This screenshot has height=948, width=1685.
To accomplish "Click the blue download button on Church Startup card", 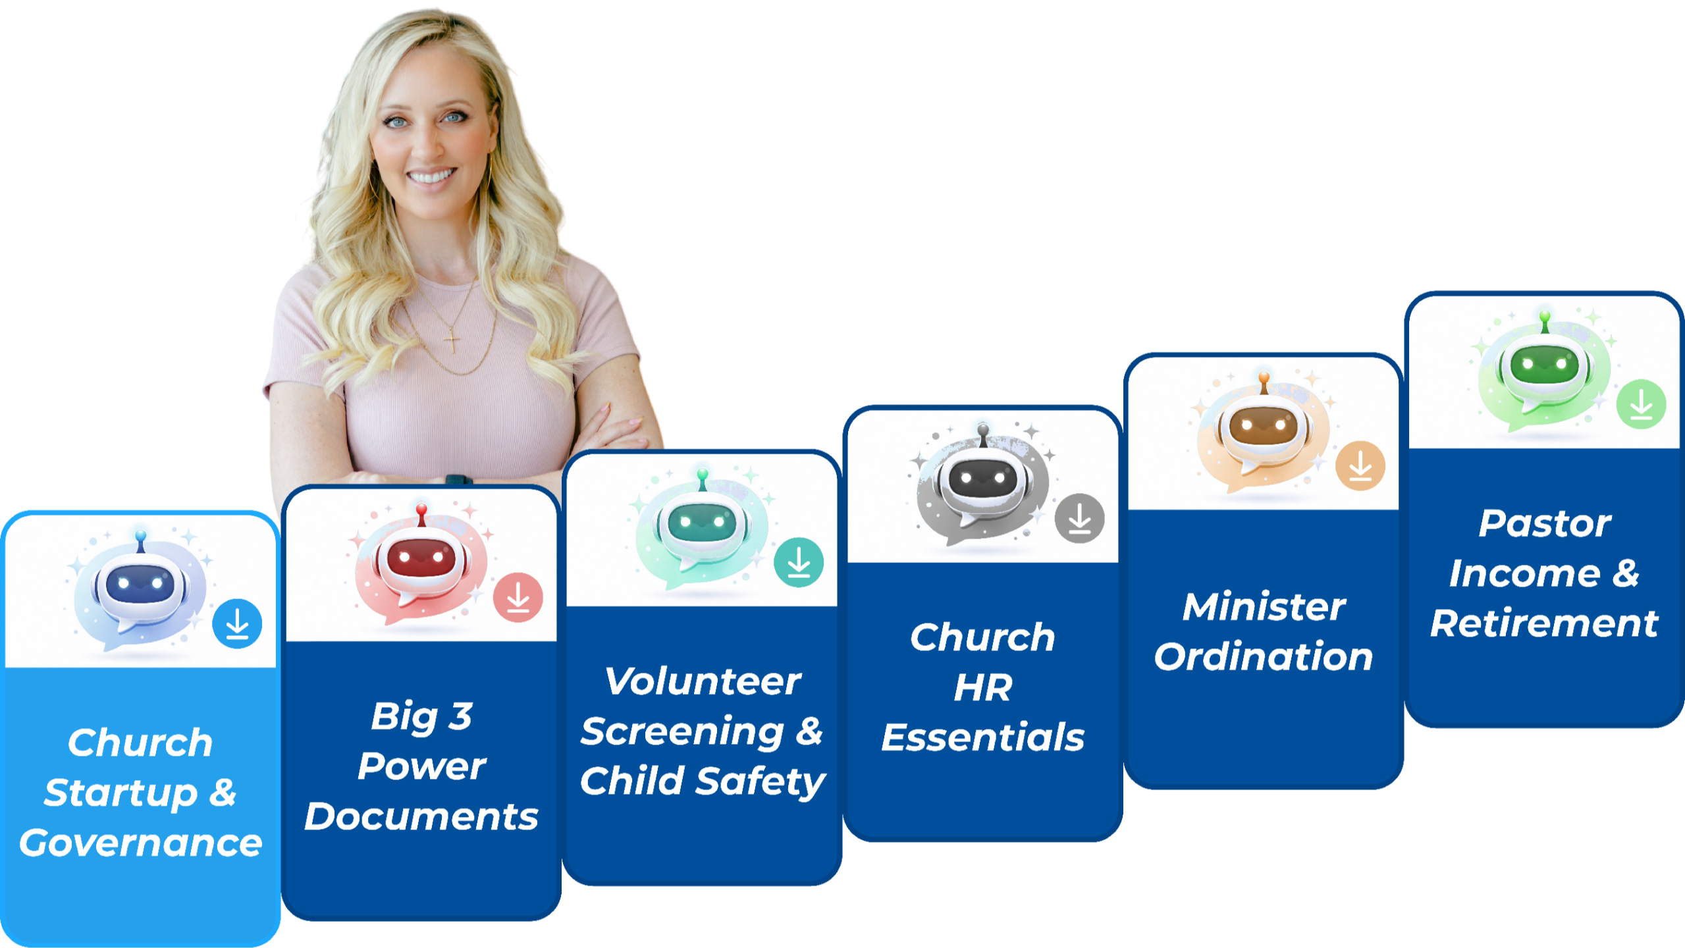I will tap(237, 623).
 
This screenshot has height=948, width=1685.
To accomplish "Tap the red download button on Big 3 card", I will tap(518, 598).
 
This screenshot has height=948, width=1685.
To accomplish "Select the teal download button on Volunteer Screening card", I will tap(799, 562).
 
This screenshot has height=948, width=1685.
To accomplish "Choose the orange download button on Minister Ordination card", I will tap(1360, 465).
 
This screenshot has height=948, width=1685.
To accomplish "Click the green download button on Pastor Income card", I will tap(1641, 404).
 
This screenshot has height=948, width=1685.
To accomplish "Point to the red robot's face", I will tap(421, 560).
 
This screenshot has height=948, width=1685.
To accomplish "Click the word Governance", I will tap(140, 843).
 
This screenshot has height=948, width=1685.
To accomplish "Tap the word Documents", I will tap(421, 817).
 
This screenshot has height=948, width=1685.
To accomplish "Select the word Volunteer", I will tap(703, 681).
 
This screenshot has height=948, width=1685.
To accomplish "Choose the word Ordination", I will tap(1264, 657).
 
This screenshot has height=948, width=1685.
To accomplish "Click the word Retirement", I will tap(1544, 623).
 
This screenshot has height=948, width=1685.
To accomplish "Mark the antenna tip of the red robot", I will tap(421, 508).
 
